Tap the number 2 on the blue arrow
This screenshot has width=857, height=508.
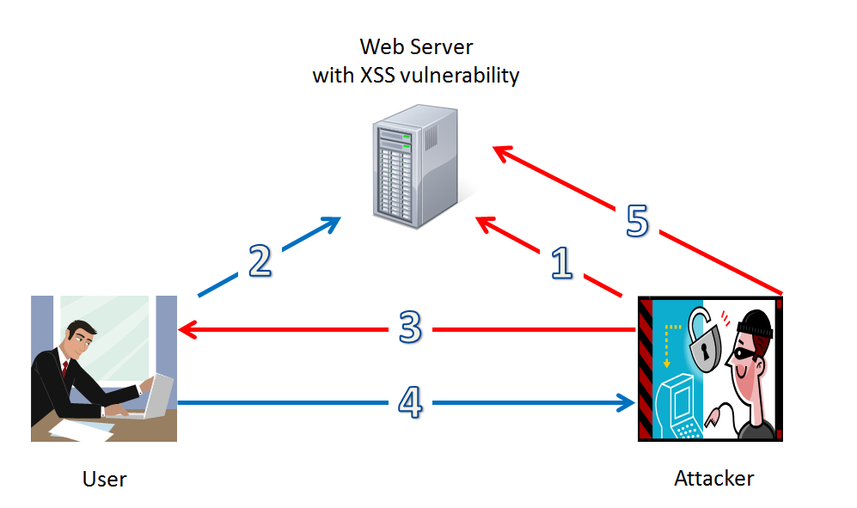[x=260, y=260]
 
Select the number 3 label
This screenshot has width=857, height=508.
[x=410, y=328]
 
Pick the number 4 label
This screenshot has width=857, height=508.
[x=410, y=401]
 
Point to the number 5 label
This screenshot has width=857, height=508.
[x=636, y=220]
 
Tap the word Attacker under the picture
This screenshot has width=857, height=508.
[x=713, y=478]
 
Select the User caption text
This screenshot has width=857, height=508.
[x=104, y=479]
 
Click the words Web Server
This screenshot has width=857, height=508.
[x=416, y=46]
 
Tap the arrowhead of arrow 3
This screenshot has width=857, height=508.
[x=184, y=328]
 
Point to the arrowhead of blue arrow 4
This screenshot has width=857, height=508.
[x=628, y=401]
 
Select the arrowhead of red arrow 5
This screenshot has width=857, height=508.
[x=499, y=151]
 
